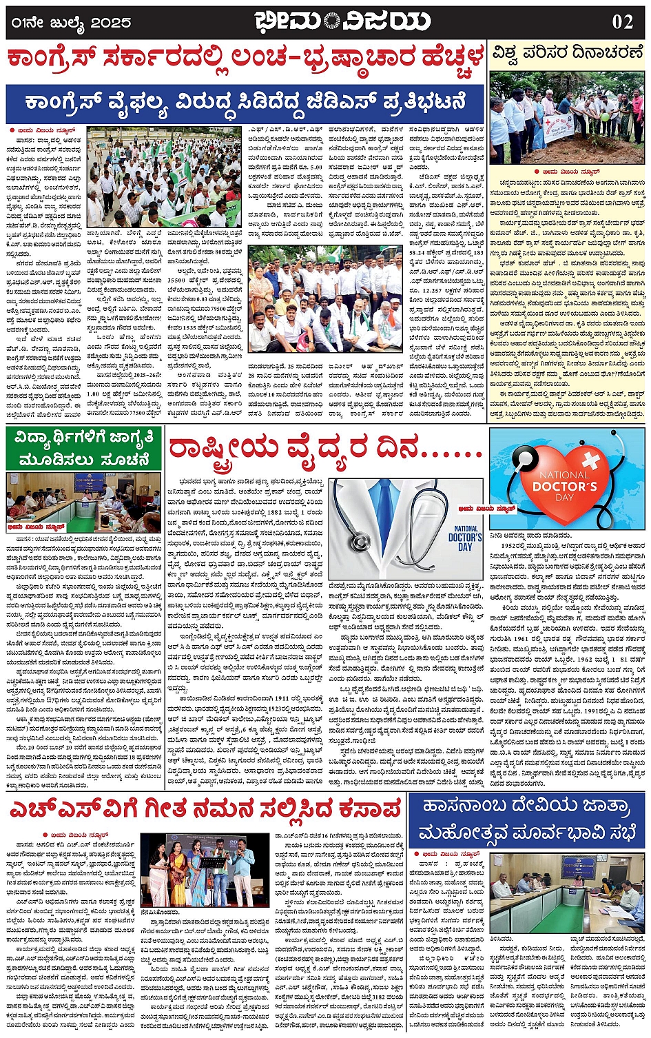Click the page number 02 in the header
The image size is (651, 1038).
point(622,21)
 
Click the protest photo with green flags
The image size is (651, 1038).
point(163,176)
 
